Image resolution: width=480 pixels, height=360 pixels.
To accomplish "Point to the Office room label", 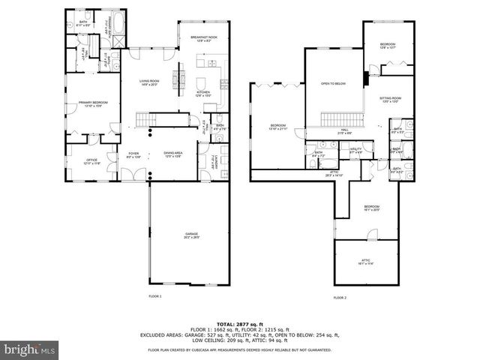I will (x=91, y=160).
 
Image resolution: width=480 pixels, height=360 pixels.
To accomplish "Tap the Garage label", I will (x=192, y=235).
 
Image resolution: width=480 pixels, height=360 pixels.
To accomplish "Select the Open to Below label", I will (x=333, y=83).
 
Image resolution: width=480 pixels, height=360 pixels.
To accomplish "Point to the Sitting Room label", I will (x=389, y=99).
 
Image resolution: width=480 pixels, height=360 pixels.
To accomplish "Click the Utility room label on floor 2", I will (x=356, y=150).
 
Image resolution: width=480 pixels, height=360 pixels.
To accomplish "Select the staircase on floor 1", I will (x=146, y=120).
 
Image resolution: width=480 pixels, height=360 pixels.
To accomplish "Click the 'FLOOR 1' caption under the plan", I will (x=154, y=297).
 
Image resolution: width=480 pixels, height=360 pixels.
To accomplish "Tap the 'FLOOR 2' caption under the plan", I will (x=339, y=297).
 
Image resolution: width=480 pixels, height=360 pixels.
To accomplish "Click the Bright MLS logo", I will (x=30, y=349).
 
